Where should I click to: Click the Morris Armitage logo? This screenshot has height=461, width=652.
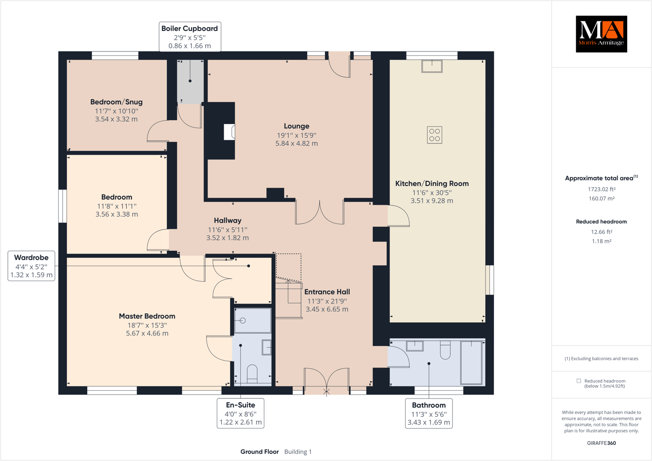coord(601,34)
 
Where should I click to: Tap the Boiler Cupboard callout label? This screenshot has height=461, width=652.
coord(190,37)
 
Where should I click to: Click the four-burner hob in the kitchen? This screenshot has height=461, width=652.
coord(435,135)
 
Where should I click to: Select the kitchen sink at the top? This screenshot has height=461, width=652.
coord(432,66)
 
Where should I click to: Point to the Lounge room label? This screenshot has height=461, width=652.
coord(296,126)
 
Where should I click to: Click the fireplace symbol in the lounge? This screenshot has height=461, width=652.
coord(229,132)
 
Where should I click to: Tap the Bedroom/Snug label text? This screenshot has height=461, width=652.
coord(116,102)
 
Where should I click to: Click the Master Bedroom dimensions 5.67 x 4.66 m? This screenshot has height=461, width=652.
coord(147,334)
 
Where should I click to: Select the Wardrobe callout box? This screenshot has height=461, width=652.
coord(31,266)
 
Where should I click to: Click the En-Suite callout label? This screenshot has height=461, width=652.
coord(240,413)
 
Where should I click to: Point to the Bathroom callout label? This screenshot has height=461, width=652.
coord(429,413)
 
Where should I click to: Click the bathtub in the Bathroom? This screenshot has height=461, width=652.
coord(471,363)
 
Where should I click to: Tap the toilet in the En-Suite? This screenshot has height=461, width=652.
coord(252,374)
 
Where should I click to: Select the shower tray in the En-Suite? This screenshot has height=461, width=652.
coord(252,320)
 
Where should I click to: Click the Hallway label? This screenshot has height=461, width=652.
coord(228,220)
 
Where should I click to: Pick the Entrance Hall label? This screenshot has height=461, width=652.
coord(327,292)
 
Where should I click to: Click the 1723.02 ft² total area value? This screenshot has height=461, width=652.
coord(601,189)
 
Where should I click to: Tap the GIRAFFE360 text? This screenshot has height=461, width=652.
coord(601,443)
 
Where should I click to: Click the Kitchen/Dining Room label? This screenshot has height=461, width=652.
coord(432,183)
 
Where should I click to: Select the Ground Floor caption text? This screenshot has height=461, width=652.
coord(260,452)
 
